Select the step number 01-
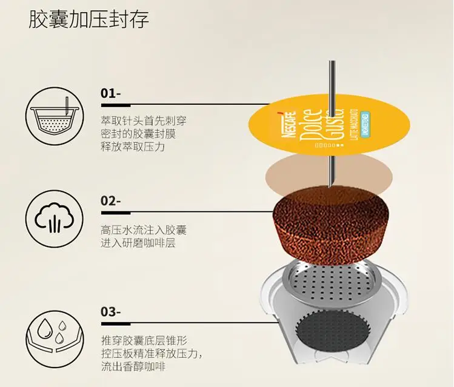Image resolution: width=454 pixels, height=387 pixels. [x=111, y=94]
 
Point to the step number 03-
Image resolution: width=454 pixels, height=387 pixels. [x=112, y=313]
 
